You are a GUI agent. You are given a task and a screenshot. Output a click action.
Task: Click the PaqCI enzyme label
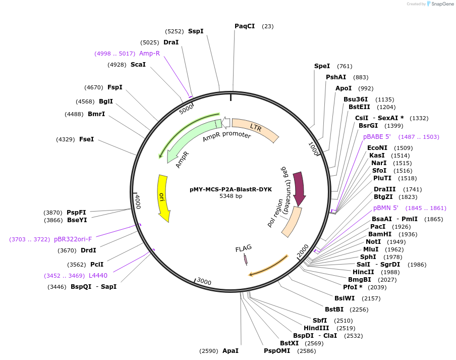(245, 26)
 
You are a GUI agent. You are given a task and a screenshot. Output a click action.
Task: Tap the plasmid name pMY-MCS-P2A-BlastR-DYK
(231, 189)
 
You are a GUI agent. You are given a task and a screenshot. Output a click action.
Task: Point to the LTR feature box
(256, 129)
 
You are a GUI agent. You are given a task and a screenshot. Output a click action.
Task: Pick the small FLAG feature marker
(246, 259)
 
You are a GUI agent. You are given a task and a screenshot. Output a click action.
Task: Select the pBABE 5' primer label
(377, 137)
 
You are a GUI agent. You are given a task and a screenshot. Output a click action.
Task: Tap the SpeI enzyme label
(322, 66)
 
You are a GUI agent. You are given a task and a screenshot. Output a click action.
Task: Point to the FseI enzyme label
(86, 139)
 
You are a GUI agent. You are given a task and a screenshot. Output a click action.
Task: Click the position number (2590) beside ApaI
(208, 350)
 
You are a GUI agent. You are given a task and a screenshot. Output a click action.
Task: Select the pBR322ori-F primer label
(73, 239)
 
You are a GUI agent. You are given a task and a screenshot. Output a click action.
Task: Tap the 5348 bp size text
(231, 196)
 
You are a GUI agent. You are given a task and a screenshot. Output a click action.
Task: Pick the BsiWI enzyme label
(345, 298)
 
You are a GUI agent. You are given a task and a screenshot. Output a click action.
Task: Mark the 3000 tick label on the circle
(204, 281)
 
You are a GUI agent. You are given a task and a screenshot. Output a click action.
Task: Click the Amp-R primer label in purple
(149, 54)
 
